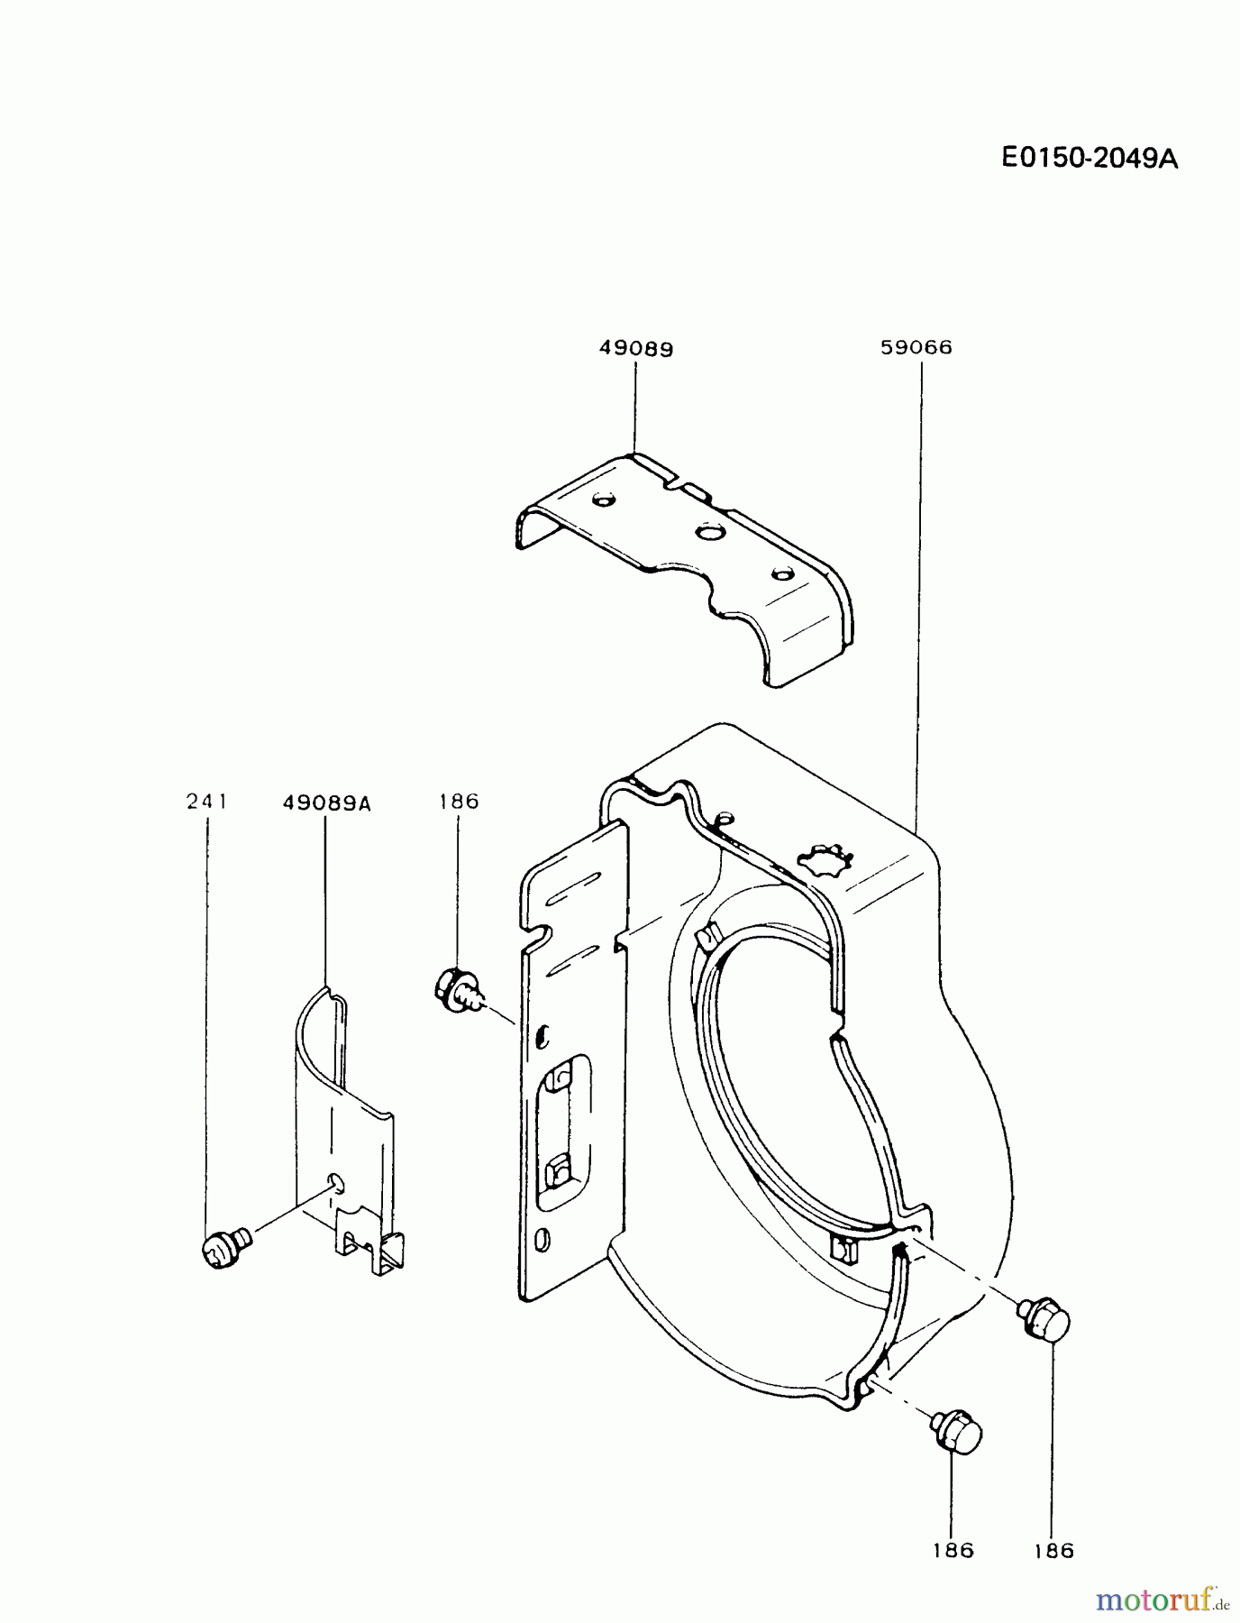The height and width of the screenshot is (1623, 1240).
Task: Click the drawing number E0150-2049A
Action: coord(1090,159)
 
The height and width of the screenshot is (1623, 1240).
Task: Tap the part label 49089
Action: coord(636,348)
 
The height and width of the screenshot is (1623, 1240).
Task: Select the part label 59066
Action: coord(916,347)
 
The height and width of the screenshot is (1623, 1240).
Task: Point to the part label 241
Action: coord(207,801)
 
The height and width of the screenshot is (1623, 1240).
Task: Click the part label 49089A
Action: coord(326,802)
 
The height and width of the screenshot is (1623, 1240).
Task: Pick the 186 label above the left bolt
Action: coord(459,801)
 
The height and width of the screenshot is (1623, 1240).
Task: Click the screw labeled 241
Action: coord(220,1251)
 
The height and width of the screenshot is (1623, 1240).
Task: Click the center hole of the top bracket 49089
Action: coord(709,533)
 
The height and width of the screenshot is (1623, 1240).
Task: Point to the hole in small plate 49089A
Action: coord(335,1182)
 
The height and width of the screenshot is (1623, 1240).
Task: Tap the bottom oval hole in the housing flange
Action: coord(542,1241)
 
